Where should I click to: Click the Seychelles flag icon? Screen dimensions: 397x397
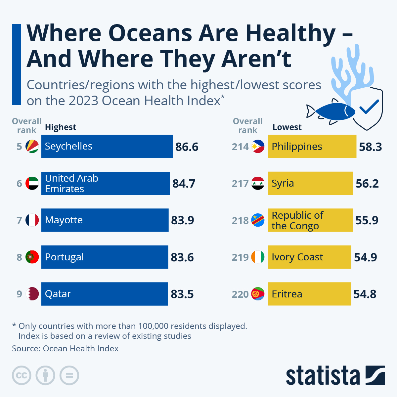tap(32, 146)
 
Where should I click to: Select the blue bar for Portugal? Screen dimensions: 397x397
tap(105, 257)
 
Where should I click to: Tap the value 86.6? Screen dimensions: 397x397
tap(187, 147)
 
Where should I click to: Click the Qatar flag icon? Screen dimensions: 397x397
tap(32, 294)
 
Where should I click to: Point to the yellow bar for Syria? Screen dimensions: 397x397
tap(310, 183)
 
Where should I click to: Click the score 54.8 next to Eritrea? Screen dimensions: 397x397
tap(365, 294)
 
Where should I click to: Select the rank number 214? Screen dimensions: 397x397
tap(240, 147)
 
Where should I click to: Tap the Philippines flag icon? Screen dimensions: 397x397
tap(258, 146)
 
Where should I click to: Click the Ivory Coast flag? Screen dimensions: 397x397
tap(258, 257)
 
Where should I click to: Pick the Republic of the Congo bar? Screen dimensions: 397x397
tap(310, 220)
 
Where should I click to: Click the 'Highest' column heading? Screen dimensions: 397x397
tap(61, 127)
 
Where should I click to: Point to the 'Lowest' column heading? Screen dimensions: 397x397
tap(287, 127)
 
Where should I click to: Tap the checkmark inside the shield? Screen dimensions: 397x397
tap(369, 107)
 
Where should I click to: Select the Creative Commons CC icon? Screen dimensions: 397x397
tap(22, 375)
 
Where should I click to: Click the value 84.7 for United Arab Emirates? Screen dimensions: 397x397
tap(184, 184)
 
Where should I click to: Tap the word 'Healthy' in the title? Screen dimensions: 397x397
tap(290, 33)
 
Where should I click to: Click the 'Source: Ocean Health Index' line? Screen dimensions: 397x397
tap(65, 349)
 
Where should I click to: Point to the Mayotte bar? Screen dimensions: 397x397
tap(105, 220)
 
